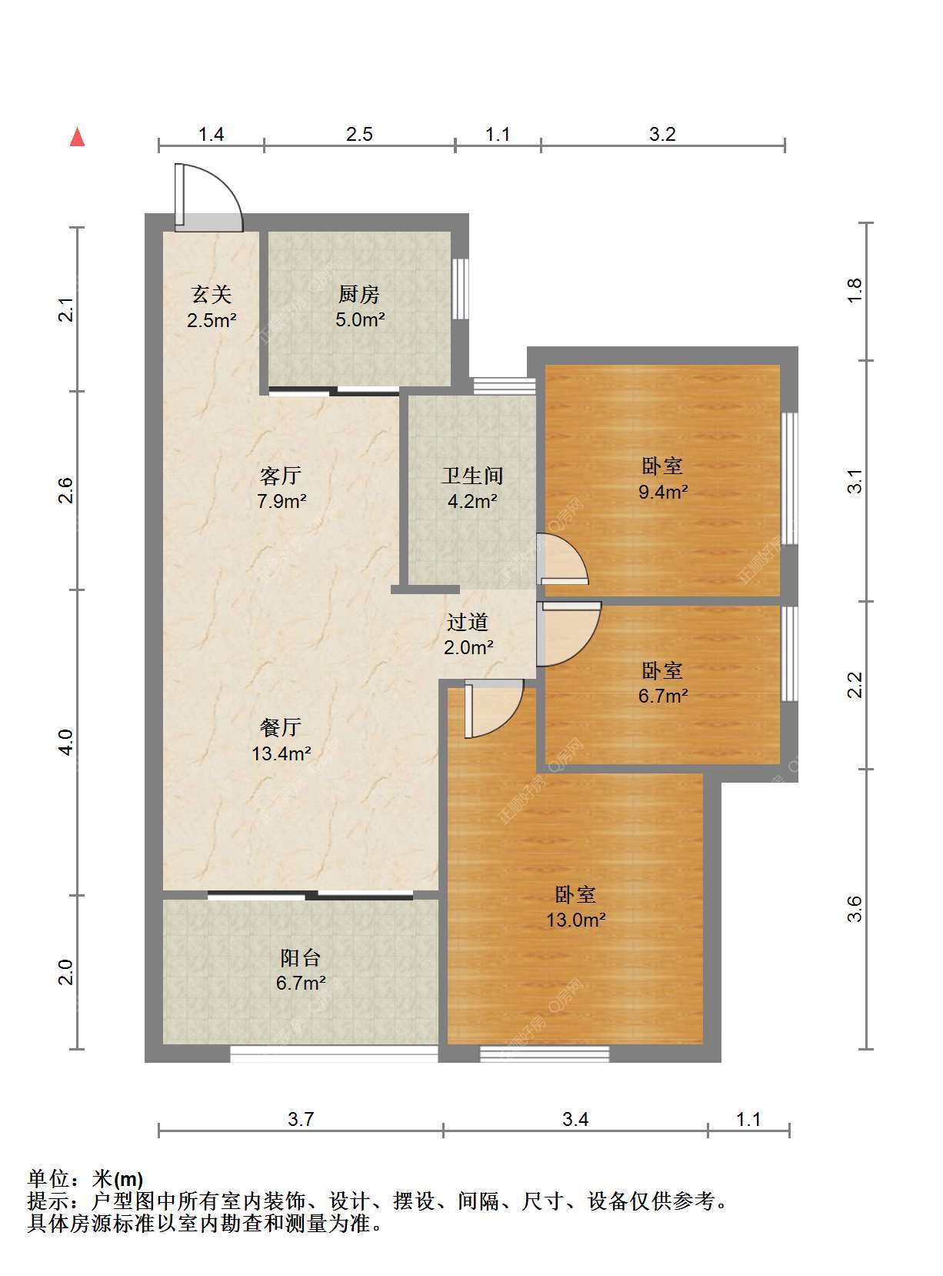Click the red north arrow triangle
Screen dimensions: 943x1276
pos(78,138)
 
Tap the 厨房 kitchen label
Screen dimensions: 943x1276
pos(358,295)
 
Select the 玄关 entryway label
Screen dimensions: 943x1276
pos(212,295)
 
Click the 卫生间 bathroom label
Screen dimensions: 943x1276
pos(472,476)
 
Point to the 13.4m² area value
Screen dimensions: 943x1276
pos(282,753)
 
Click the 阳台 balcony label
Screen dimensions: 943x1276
pos(300,958)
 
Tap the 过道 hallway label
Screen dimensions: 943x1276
pos(468,622)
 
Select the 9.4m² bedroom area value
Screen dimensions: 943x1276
pos(663,492)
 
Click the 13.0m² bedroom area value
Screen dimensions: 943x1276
pos(575,920)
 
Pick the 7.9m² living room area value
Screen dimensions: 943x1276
pos(282,501)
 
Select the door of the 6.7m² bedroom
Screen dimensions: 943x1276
pos(568,634)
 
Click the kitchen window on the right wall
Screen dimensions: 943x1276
pos(460,289)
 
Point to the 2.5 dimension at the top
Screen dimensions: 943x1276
pos(359,135)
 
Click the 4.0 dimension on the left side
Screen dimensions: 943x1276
pos(67,742)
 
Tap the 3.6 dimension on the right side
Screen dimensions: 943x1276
pos(855,909)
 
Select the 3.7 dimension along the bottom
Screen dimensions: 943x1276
pos(301,1120)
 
